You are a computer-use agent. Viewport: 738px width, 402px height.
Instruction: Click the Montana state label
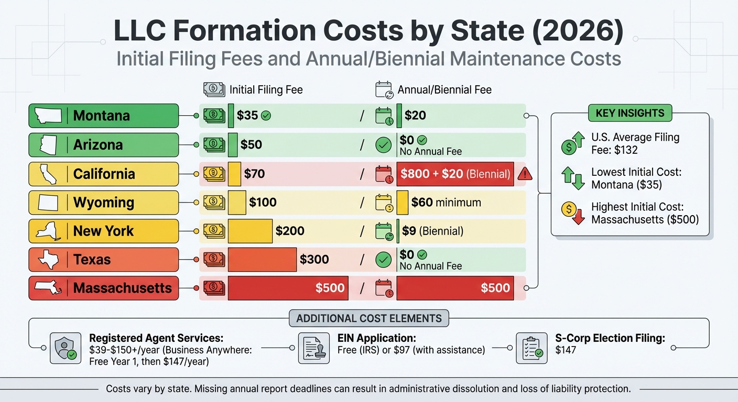tap(101, 116)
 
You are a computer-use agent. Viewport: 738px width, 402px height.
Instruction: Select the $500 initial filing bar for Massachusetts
tap(288, 288)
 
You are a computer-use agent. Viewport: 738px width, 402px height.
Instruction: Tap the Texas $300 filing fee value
tap(314, 260)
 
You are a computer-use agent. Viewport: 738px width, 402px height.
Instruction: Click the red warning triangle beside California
tap(524, 174)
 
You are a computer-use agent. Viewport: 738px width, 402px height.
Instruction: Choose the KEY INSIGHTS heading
tap(630, 113)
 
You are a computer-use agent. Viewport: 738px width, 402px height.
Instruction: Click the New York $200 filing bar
tap(250, 231)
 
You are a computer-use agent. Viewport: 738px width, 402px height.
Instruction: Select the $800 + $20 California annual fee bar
tap(454, 174)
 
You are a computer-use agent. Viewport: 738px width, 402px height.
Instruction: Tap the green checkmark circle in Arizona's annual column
tap(384, 145)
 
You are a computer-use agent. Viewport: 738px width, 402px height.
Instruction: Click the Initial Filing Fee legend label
tap(266, 90)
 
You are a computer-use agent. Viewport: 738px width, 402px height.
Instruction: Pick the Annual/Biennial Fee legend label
tap(444, 90)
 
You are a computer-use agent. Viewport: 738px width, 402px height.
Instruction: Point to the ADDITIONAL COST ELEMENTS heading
tap(368, 318)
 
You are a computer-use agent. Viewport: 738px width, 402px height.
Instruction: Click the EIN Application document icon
tap(313, 348)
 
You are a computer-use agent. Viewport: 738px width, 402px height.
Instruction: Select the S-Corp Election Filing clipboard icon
tap(531, 348)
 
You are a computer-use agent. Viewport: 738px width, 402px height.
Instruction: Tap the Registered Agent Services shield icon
tap(66, 348)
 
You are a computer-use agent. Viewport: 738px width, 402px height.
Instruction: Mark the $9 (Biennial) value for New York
tap(432, 231)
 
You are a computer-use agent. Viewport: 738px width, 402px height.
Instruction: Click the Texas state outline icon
tap(48, 260)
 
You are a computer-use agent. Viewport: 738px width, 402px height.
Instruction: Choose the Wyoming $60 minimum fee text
tap(446, 203)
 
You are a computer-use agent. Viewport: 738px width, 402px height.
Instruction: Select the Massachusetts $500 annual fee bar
tap(454, 288)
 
